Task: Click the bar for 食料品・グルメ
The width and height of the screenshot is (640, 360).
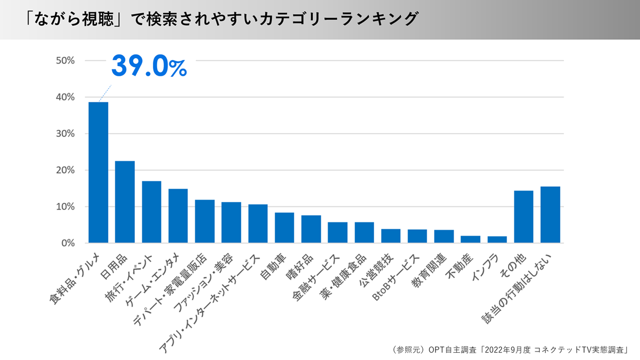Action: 98,172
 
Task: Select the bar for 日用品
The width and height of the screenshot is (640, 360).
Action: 125,202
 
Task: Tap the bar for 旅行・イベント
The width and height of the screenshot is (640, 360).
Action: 152,212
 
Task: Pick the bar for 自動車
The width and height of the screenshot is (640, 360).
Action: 285,228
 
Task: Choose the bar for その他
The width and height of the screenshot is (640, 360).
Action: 523,217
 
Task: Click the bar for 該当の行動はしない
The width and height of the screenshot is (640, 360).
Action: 550,215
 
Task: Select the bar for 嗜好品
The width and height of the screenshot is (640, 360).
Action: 311,229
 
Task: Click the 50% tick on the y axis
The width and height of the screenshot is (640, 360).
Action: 65,61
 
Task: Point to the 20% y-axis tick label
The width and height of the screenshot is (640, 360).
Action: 65,170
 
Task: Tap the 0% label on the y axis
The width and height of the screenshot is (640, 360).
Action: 68,243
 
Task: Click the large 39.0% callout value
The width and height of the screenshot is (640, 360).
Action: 149,66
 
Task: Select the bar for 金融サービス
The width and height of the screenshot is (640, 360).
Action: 338,232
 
